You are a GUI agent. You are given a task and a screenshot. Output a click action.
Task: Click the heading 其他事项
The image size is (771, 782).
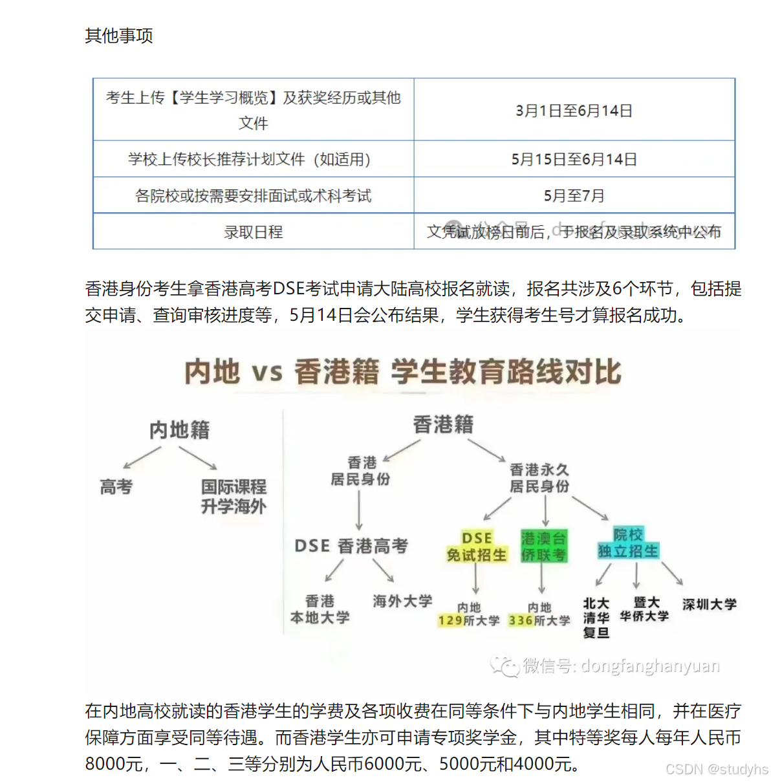pyautogui.click(x=119, y=36)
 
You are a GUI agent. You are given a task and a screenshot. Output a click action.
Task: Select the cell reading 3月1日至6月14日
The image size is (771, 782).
pyautogui.click(x=574, y=111)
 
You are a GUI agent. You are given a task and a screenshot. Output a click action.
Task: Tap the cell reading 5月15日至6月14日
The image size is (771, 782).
pyautogui.click(x=574, y=159)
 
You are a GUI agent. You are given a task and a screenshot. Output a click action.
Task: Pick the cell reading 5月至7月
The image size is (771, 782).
pyautogui.click(x=574, y=195)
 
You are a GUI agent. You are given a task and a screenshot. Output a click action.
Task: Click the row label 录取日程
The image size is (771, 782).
pyautogui.click(x=253, y=232)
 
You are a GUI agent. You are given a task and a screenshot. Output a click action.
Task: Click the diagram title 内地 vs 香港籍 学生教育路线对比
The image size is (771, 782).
pyautogui.click(x=402, y=372)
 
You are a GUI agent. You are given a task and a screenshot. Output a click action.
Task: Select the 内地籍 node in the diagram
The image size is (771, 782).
pyautogui.click(x=179, y=430)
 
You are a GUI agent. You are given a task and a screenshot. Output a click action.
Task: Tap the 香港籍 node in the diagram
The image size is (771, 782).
pyautogui.click(x=443, y=425)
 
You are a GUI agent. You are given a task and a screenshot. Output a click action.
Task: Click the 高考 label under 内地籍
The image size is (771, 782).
pyautogui.click(x=116, y=486)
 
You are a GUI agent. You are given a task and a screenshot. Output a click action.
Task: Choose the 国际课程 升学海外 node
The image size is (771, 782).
pyautogui.click(x=233, y=496)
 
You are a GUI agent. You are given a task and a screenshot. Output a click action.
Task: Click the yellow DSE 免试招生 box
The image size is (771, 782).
pyautogui.click(x=477, y=547)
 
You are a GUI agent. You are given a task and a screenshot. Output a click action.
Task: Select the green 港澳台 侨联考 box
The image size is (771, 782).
pyautogui.click(x=543, y=547)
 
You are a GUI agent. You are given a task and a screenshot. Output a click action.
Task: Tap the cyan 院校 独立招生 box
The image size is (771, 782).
pyautogui.click(x=628, y=543)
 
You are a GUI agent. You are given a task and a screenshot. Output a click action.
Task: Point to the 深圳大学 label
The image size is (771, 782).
pyautogui.click(x=709, y=604)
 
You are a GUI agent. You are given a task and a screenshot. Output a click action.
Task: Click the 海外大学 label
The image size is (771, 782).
pyautogui.click(x=402, y=601)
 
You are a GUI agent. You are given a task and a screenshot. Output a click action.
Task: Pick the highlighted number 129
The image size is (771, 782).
pyautogui.click(x=450, y=621)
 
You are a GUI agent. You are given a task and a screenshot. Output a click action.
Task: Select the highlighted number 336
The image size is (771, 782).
pyautogui.click(x=520, y=621)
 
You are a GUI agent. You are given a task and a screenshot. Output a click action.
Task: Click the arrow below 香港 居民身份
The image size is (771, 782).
pyautogui.click(x=359, y=511)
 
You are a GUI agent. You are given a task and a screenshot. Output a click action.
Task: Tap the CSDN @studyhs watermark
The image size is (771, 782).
pyautogui.click(x=717, y=769)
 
